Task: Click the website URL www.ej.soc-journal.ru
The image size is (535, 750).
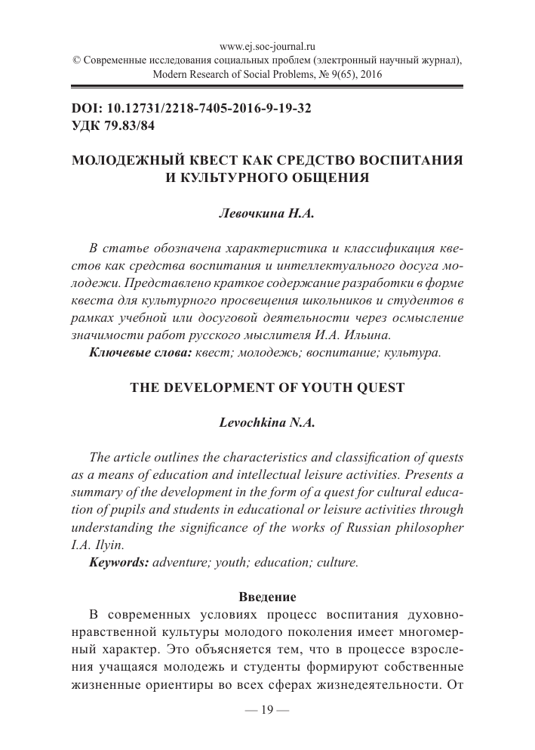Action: pos(267,45)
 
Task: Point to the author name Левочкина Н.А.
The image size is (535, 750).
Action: pos(266,215)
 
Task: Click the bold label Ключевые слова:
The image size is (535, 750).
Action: pos(141,353)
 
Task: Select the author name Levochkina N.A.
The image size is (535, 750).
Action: pos(266,424)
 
